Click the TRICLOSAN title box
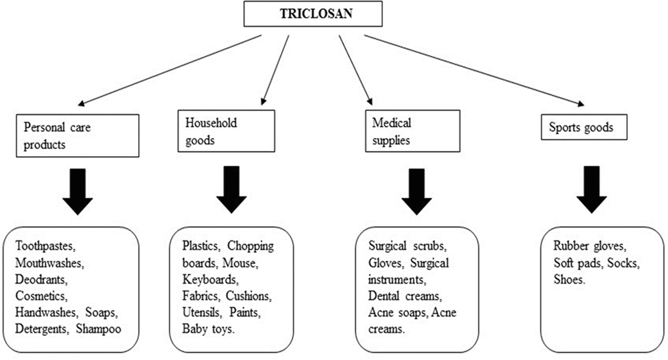[x=313, y=14]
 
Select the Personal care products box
[x=77, y=136]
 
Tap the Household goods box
[x=226, y=131]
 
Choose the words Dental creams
[x=404, y=296]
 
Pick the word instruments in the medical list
[x=395, y=279]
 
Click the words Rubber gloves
[x=589, y=246]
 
